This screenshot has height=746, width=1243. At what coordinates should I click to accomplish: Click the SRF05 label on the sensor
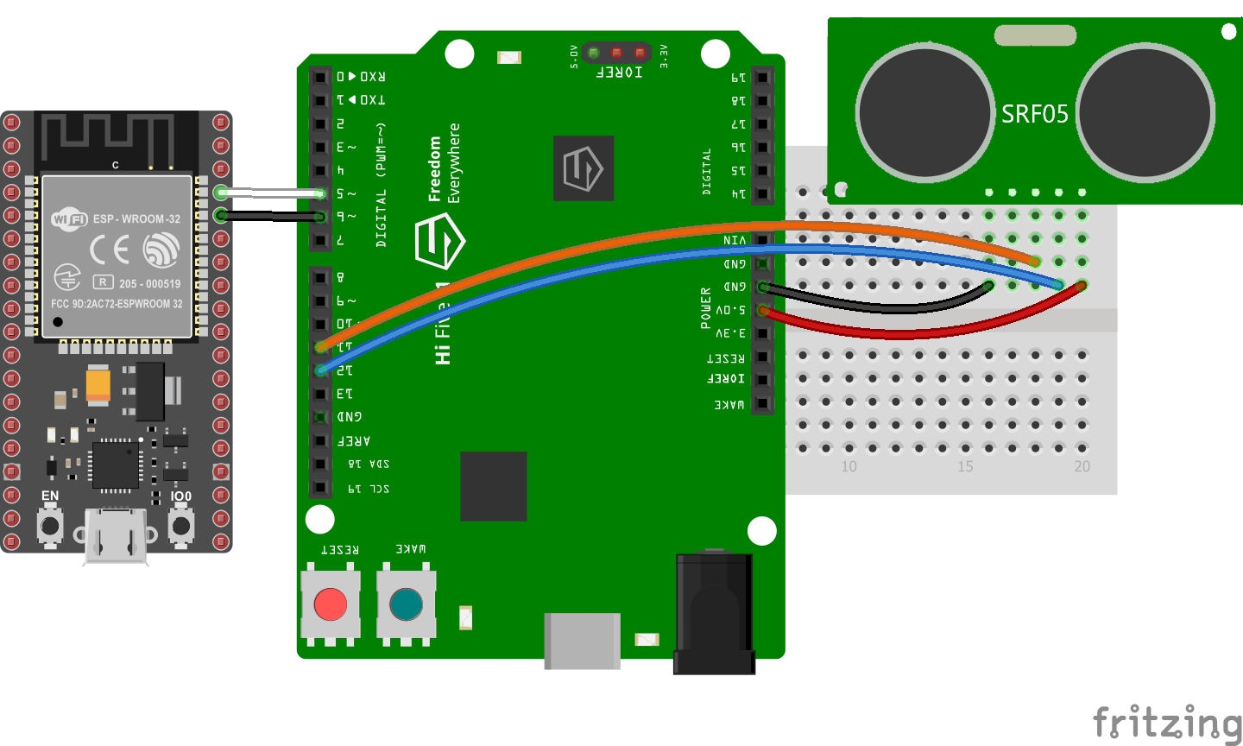pos(1034,114)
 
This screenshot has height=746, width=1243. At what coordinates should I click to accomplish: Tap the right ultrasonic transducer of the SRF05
pos(1145,112)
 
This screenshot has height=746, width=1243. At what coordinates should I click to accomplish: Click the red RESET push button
pos(331,604)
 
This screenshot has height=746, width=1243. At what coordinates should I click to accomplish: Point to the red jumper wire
pos(906,332)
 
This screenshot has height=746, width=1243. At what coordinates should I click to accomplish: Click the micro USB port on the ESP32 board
pos(115,537)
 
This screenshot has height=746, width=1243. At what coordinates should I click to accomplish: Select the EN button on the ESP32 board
pos(50,525)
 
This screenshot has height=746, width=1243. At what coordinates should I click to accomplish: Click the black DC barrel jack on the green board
pos(714,613)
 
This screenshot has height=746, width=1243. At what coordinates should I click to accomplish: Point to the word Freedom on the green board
pos(435,169)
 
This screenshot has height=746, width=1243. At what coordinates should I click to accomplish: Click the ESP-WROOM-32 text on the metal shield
pos(137,218)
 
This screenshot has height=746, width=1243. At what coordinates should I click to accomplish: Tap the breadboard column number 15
pos(965,466)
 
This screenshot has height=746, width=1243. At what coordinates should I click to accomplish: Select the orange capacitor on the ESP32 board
pos(98,385)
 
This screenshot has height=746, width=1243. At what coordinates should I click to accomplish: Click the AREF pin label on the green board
pos(354,440)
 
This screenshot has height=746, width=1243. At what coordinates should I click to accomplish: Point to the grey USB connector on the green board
pos(582,640)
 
